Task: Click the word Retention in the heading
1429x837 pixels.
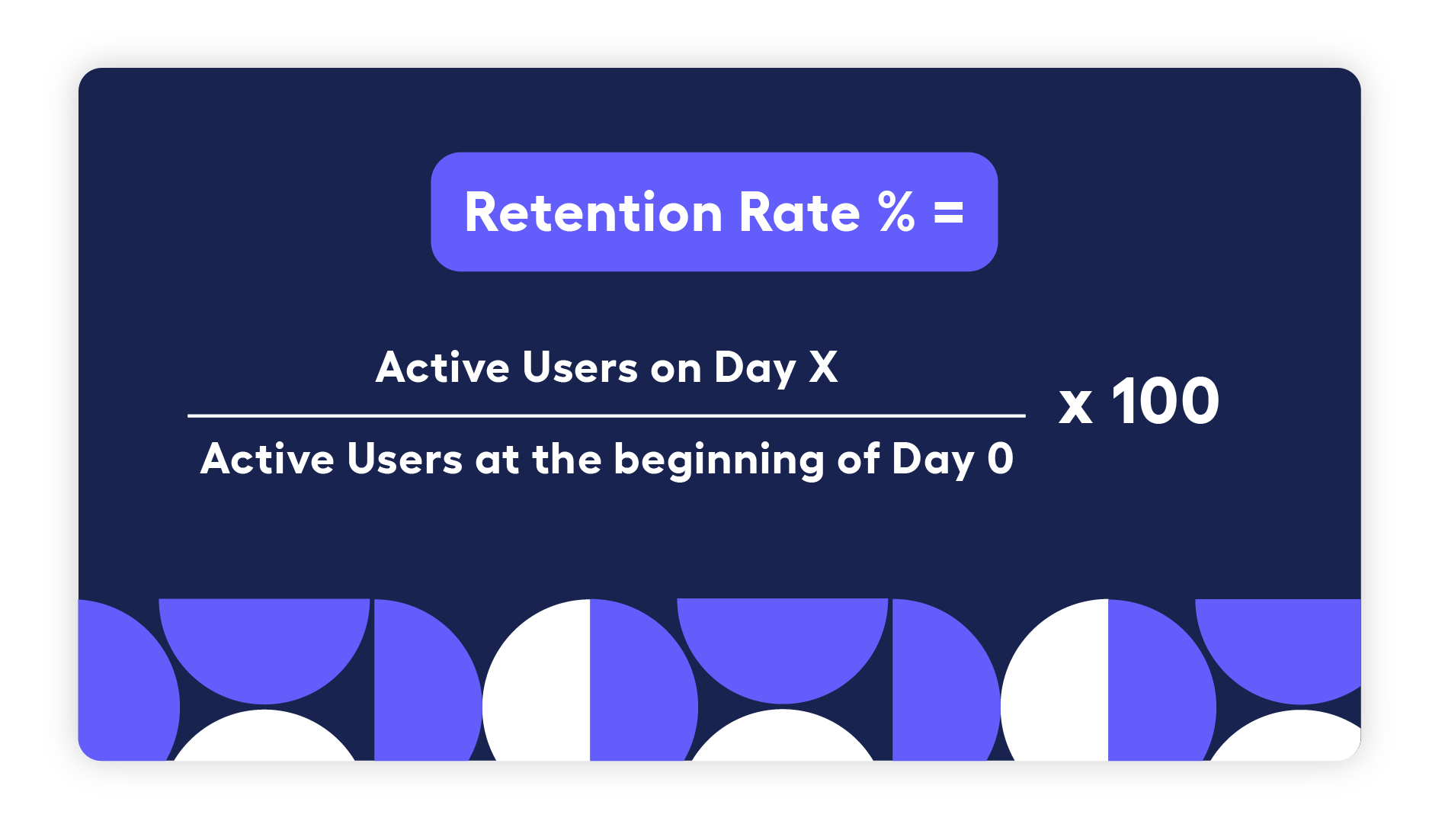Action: coord(593,213)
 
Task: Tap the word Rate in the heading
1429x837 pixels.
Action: coord(799,213)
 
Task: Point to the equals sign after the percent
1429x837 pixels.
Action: coord(949,213)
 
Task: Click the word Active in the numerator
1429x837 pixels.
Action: coord(442,367)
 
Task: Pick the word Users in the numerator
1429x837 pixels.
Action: coord(580,367)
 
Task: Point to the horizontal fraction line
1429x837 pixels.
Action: coord(606,415)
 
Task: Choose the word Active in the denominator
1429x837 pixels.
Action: coord(267,459)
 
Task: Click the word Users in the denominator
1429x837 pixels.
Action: coord(405,459)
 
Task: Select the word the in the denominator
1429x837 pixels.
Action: coord(567,459)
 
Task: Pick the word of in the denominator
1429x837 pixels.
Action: coord(859,459)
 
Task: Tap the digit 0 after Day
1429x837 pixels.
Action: coord(1000,459)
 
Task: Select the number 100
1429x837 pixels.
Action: coord(1165,401)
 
